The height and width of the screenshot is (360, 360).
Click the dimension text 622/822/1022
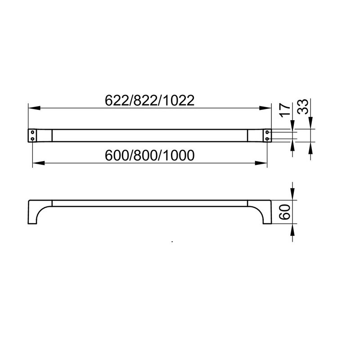(149, 100)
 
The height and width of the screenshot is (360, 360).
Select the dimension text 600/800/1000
(149, 155)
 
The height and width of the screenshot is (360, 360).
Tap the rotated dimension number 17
(285, 110)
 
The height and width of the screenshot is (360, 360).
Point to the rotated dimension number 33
(302, 107)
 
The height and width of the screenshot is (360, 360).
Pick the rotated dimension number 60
(285, 212)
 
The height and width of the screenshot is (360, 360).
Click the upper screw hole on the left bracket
(32, 132)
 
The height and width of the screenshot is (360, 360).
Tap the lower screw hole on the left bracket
(32, 139)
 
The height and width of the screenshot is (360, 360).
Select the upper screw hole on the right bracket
(267, 132)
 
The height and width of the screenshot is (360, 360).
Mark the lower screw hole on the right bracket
(267, 139)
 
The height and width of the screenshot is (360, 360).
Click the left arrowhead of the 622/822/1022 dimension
(34, 108)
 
